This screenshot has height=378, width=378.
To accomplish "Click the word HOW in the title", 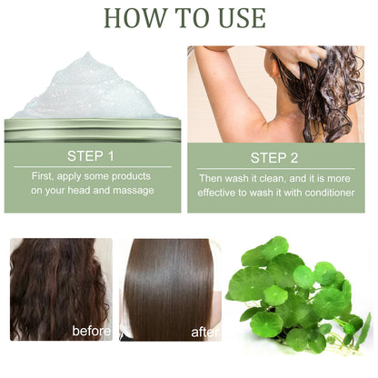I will tap(129, 18).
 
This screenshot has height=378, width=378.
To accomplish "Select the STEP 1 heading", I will tap(92, 155).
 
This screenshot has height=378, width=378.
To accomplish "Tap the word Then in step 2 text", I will tap(214, 176).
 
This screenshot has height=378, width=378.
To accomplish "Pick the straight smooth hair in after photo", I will tap(173, 282).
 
